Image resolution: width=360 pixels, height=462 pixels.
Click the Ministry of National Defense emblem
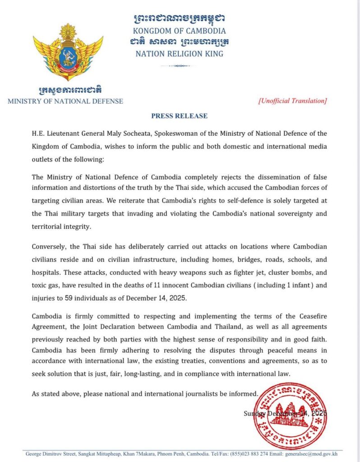tap(68, 52)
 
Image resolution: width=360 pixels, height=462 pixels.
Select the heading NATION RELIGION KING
tap(179, 54)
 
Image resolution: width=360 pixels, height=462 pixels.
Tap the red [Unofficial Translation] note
tap(292, 101)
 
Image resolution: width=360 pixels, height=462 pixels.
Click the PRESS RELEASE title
tap(179, 116)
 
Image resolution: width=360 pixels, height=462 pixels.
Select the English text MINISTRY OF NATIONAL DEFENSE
tap(65, 101)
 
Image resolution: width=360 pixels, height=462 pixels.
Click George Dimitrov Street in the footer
tap(49, 453)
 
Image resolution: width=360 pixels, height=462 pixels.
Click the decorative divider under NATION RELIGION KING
tap(179, 66)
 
